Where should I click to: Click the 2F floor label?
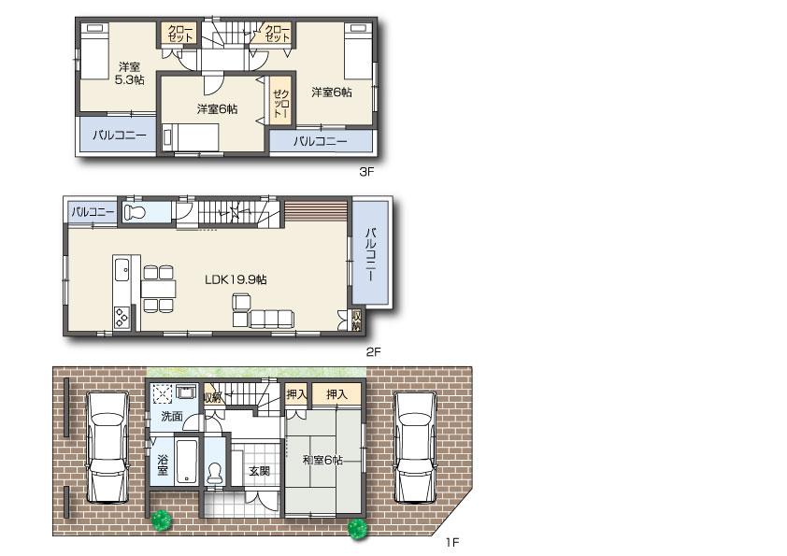click(372, 351)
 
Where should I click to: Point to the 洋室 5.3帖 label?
click(131, 73)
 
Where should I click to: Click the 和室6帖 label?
click(322, 460)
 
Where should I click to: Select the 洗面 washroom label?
click(170, 416)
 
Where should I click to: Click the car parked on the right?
click(414, 446)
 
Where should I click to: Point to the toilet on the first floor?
click(215, 473)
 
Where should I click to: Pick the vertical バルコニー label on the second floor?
click(370, 254)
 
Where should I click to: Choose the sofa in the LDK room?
click(271, 319)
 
